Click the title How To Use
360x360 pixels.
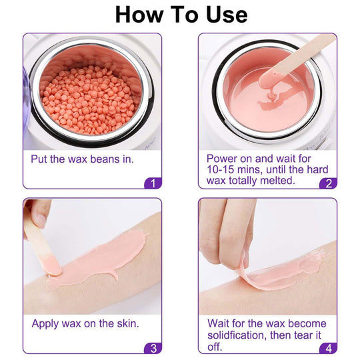[x=181, y=14]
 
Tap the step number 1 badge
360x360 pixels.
[x=153, y=183]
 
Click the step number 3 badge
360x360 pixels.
[x=153, y=347]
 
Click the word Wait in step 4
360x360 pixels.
[x=220, y=324]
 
